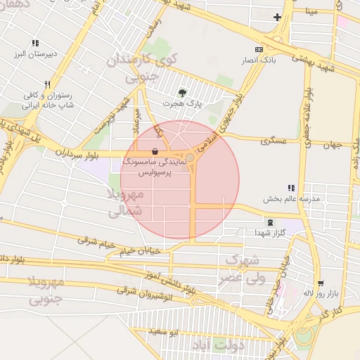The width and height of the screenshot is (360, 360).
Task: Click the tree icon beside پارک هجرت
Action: [183, 92]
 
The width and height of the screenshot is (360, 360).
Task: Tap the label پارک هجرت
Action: [183, 103]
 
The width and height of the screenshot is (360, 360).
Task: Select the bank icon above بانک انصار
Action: [259, 50]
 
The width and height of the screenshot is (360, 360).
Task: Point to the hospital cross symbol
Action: [278, 17]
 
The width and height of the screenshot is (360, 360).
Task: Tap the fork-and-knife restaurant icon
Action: [46, 84]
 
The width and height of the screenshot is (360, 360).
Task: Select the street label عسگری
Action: [274, 141]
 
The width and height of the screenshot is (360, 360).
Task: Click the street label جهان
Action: [331, 145]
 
